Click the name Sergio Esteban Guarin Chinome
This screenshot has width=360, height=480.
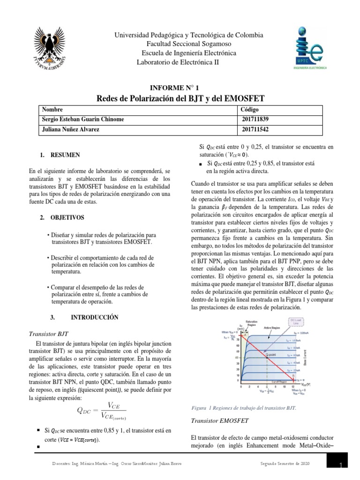83,119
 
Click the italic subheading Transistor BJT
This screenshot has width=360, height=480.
48,334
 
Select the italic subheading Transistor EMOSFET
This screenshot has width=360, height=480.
220,420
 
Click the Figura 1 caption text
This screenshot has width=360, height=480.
244,407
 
